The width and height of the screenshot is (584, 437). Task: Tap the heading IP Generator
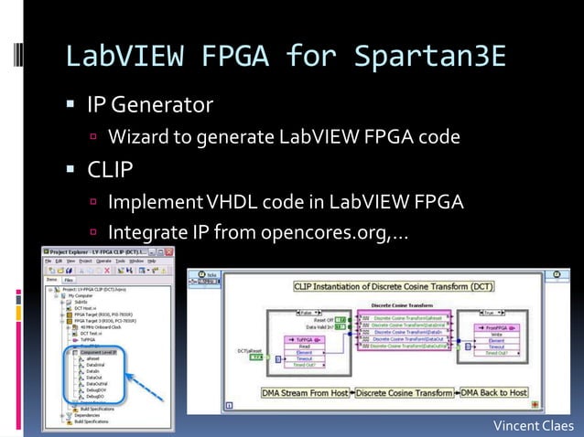click(149, 105)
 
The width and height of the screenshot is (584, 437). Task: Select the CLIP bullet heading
click(110, 170)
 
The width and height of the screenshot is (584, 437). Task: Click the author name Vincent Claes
click(533, 425)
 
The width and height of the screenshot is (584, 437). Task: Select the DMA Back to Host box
click(493, 393)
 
